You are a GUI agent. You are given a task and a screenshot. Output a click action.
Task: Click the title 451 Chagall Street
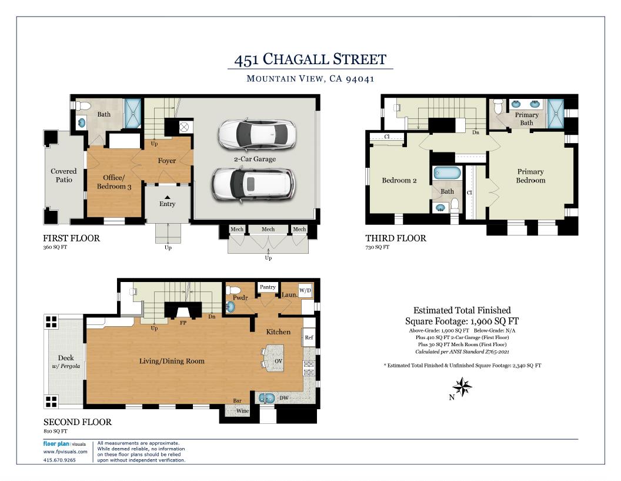310,59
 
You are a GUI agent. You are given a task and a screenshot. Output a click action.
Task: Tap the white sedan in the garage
256,135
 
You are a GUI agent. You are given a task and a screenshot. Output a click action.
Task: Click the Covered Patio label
64,175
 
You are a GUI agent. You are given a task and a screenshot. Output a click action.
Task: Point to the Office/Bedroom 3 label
113,182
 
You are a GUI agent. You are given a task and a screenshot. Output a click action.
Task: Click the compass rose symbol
463,387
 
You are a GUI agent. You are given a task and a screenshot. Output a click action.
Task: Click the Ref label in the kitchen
309,338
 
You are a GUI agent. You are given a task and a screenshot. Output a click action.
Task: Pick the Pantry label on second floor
268,287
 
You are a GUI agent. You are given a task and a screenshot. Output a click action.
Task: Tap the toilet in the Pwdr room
234,290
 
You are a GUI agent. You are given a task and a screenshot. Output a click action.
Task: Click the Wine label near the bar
242,412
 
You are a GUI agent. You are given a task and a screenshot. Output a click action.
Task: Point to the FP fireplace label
183,323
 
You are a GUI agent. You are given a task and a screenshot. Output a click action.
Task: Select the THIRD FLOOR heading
395,238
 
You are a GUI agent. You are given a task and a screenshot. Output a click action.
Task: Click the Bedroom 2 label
399,180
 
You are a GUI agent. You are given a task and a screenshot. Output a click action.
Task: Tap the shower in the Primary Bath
556,113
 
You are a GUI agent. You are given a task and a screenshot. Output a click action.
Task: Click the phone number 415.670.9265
59,460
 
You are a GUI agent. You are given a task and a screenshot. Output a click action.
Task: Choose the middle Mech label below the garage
268,229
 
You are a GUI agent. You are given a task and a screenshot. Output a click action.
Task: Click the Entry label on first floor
167,204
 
